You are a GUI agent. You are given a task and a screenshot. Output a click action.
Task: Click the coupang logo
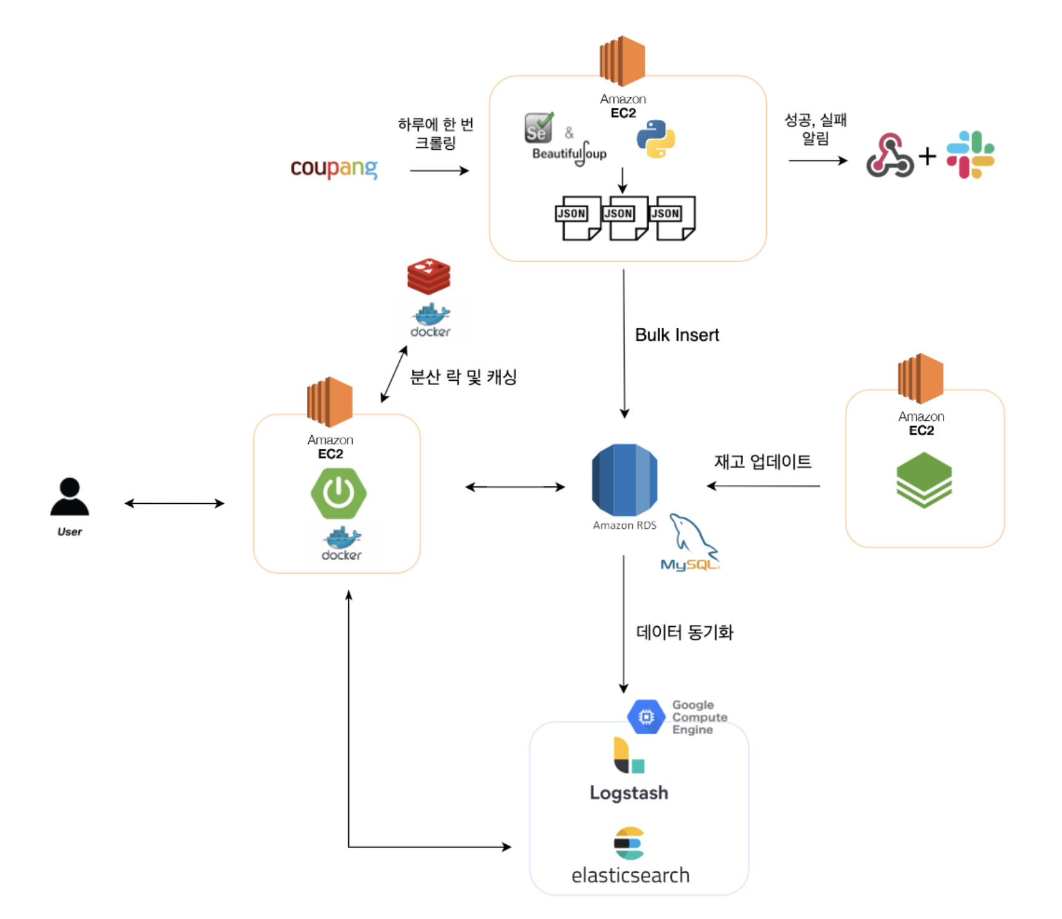[x=334, y=168]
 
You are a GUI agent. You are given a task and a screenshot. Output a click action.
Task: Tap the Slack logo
[x=970, y=154]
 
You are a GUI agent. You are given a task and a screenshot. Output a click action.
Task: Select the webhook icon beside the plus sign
[x=889, y=156]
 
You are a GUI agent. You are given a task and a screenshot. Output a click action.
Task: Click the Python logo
[x=656, y=139]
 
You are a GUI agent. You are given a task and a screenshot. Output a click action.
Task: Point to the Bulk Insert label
[x=676, y=335]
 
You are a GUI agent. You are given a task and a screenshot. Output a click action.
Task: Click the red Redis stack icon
[x=429, y=276]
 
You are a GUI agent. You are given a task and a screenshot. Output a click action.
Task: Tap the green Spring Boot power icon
[x=338, y=493]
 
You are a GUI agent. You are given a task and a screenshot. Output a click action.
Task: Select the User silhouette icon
[x=69, y=498]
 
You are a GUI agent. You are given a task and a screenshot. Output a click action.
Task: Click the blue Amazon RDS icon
[x=624, y=480]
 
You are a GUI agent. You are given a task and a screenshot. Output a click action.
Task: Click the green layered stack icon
[x=923, y=480]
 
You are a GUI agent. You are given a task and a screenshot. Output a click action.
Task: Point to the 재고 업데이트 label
[x=762, y=462]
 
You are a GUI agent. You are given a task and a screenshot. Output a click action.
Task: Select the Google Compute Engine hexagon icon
[x=646, y=717]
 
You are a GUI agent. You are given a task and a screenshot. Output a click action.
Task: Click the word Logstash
[x=628, y=793]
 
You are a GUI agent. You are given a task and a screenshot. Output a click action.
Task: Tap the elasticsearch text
[x=630, y=875]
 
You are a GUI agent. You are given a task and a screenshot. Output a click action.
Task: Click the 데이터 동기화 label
[x=684, y=632]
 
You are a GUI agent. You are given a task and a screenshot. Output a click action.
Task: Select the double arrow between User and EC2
[x=174, y=503]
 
